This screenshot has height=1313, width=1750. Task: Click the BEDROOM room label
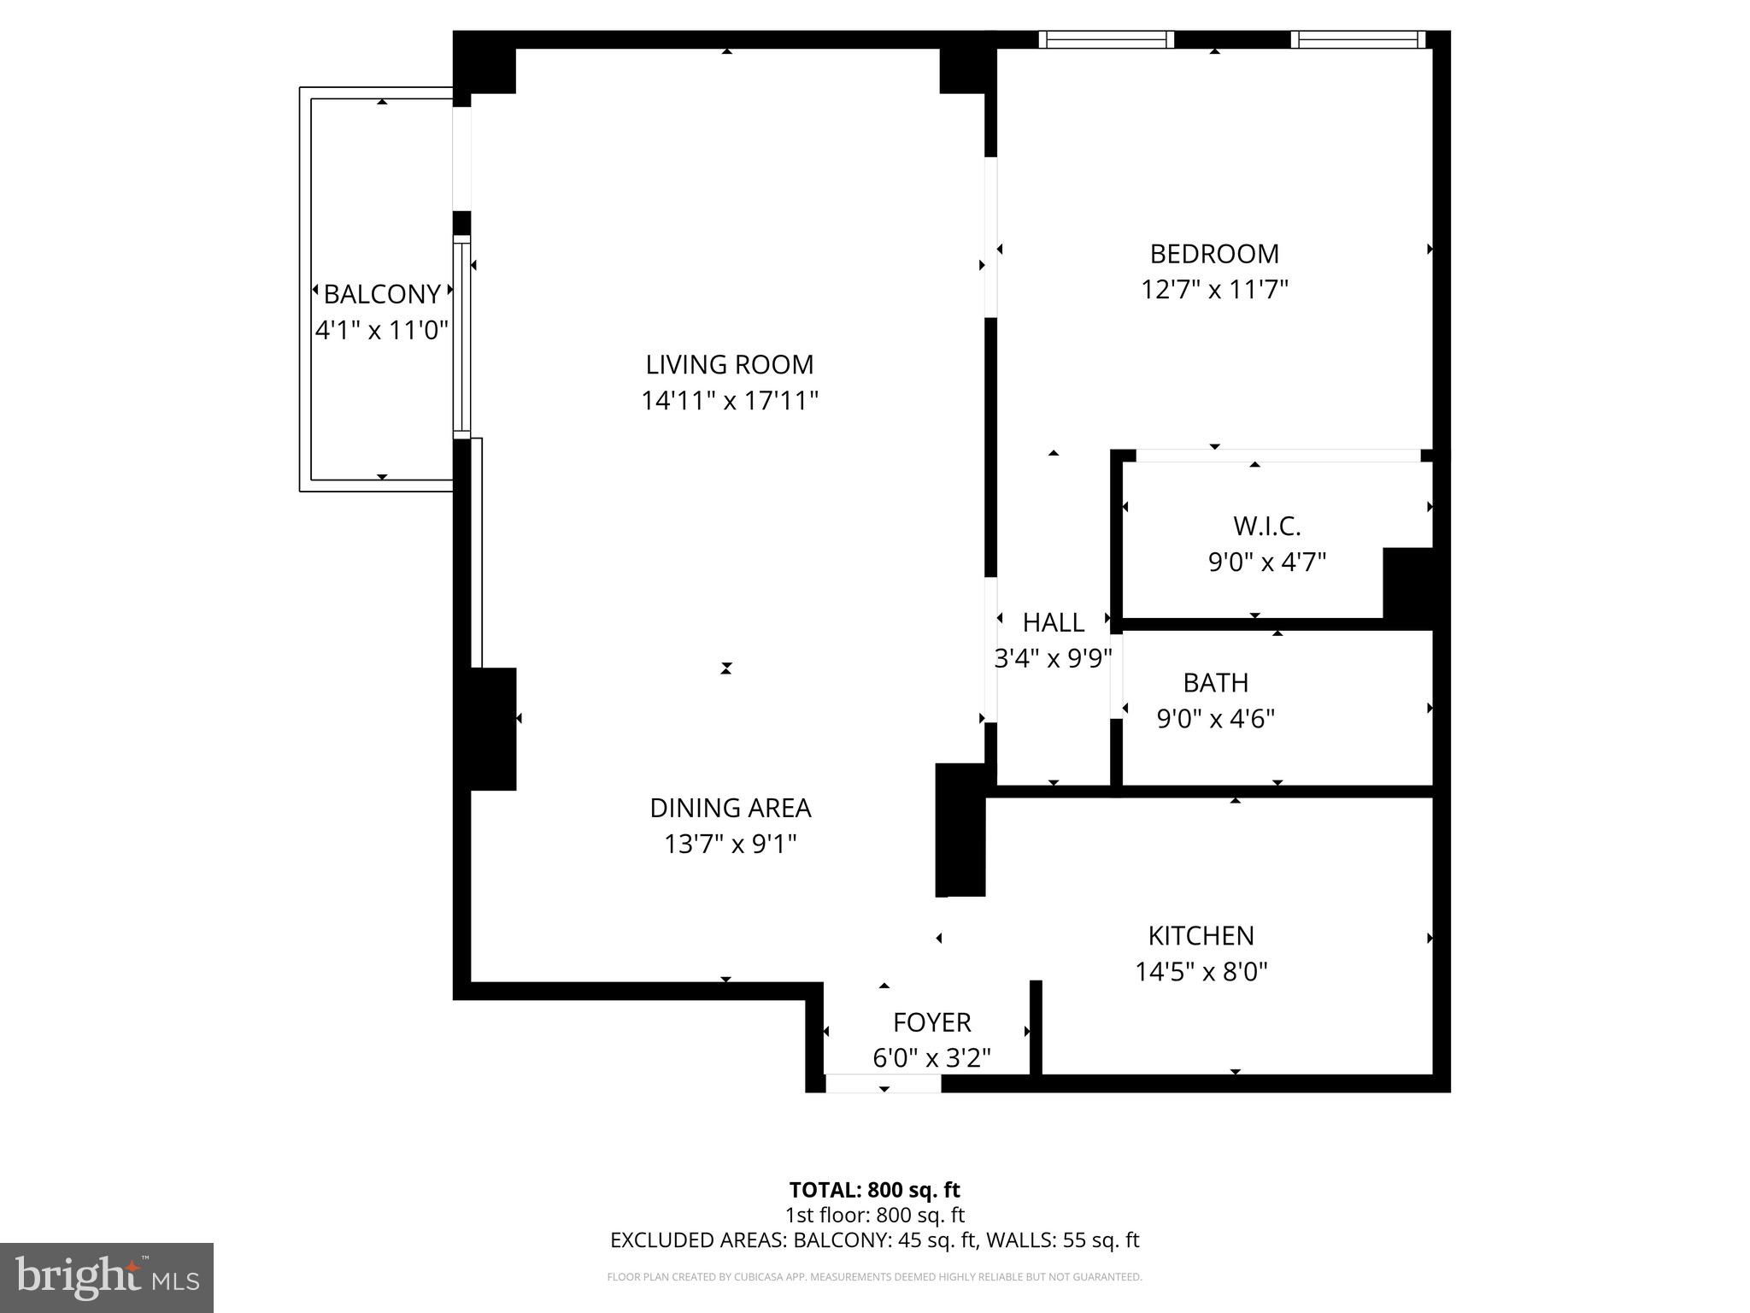(1213, 254)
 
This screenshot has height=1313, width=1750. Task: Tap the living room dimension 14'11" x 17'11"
(730, 400)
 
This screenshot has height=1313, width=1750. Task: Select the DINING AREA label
(730, 808)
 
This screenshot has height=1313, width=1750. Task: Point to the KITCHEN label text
(1201, 936)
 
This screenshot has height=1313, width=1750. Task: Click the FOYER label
(931, 1022)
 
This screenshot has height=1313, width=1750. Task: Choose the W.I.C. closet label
(1266, 526)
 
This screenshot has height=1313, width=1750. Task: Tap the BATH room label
(1215, 683)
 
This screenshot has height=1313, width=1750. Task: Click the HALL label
(1053, 622)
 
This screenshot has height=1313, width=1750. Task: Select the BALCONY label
(382, 294)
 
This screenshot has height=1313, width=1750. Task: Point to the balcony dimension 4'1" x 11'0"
(382, 330)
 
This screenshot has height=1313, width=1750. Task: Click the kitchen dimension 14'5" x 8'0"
(1201, 972)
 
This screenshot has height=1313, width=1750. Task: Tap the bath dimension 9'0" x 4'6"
(1215, 719)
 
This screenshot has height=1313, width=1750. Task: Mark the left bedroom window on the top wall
(1106, 39)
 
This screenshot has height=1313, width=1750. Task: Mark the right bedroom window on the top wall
(1357, 39)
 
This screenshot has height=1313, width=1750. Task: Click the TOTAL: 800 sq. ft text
(874, 1190)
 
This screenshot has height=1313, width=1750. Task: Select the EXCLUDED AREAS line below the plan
(874, 1239)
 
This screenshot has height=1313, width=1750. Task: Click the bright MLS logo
(107, 1277)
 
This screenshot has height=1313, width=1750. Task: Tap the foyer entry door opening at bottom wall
(883, 1083)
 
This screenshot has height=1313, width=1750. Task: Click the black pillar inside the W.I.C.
(1406, 582)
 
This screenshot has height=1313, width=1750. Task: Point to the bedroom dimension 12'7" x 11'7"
(1213, 290)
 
